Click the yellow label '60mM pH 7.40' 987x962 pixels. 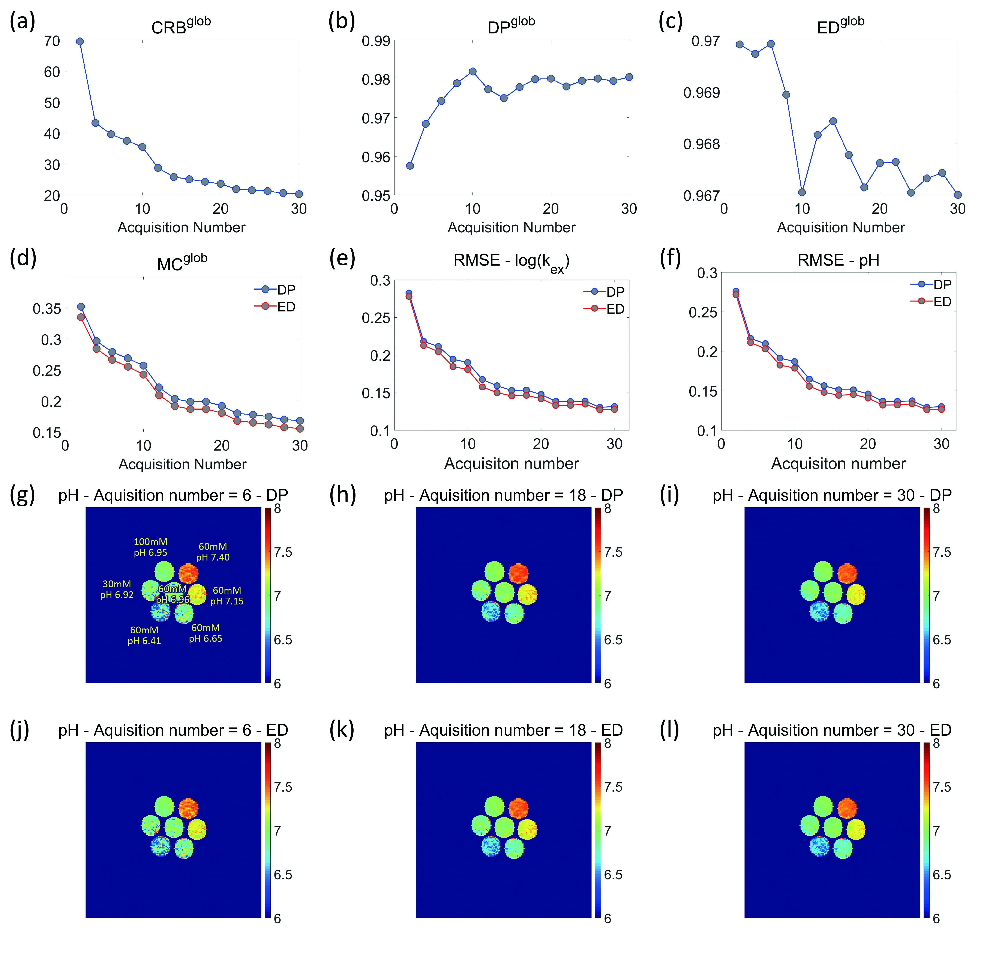pos(213,552)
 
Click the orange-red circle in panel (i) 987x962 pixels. pos(847,574)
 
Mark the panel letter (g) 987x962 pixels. pos(22,495)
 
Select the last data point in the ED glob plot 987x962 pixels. pos(958,195)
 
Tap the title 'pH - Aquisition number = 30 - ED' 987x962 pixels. pos(832,730)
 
